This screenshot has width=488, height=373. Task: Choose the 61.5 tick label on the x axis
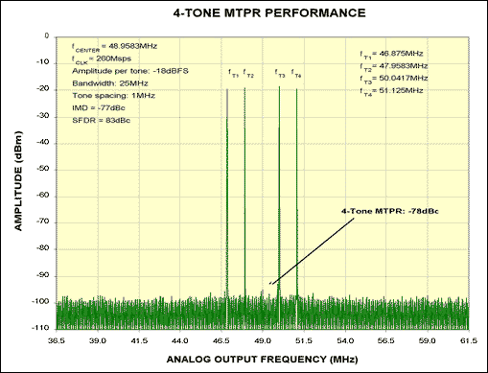(x=468, y=339)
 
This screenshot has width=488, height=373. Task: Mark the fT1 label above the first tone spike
(x=232, y=74)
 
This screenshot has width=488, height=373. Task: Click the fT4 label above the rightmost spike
(x=296, y=74)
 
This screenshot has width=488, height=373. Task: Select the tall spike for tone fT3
(x=279, y=192)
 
